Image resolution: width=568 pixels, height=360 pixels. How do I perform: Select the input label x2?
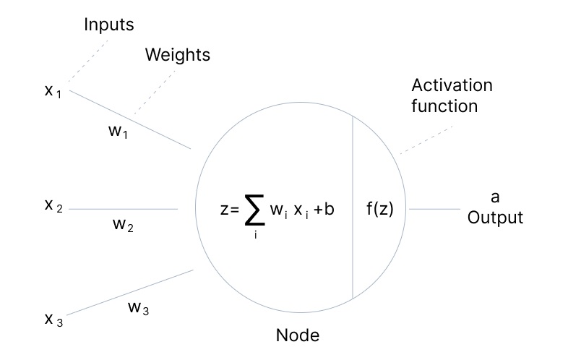(53, 206)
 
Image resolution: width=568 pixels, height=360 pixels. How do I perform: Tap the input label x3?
(53, 320)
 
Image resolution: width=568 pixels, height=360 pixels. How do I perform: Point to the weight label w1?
(116, 133)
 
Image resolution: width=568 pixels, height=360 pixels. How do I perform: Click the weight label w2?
(124, 224)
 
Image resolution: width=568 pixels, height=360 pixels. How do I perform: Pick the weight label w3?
(139, 308)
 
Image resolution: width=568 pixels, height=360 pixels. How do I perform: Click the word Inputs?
(109, 25)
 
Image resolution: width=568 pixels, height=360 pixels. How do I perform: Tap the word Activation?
(452, 85)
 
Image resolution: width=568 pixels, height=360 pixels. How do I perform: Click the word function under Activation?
(444, 106)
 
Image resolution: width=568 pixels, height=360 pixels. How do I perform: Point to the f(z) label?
(380, 210)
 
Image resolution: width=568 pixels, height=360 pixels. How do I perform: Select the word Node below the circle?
(297, 335)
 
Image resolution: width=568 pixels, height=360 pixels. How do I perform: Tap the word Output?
(495, 217)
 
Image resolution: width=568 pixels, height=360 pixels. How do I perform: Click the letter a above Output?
(495, 197)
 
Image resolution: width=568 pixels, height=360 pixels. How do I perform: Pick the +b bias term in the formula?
(324, 210)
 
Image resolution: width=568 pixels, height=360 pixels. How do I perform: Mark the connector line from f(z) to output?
(434, 209)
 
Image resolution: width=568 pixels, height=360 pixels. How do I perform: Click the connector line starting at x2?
(123, 209)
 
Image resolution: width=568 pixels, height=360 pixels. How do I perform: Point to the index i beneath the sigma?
(255, 236)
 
